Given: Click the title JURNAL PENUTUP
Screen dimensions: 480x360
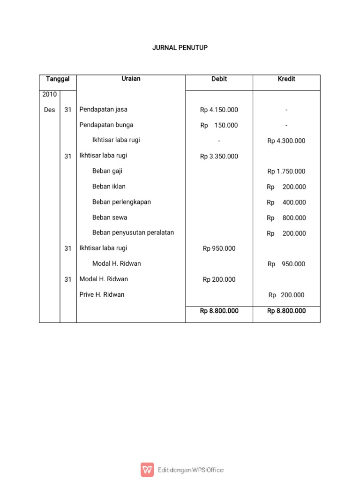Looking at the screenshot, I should [180, 48].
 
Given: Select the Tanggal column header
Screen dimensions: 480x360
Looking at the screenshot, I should [58, 79].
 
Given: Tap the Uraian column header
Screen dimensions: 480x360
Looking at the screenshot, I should [131, 79].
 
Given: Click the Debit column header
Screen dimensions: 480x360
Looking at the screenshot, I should [219, 79].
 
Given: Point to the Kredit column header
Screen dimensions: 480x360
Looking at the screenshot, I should [286, 79].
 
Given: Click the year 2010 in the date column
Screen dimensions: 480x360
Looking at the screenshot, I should [49, 94].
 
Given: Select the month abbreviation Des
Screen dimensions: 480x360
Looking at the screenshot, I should [49, 110].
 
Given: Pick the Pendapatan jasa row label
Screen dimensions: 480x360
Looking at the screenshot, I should [103, 110].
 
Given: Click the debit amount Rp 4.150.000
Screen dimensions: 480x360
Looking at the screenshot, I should [219, 110].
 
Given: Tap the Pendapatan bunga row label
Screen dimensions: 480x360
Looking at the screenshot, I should [106, 125].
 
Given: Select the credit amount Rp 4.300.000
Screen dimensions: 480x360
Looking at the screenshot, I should [286, 141].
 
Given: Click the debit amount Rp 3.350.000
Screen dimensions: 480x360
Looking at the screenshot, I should [219, 157].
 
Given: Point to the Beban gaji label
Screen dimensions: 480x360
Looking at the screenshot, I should [107, 171].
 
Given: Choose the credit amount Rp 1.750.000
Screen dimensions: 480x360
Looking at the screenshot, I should [286, 172].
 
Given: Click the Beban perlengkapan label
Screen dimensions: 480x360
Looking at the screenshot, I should [121, 202].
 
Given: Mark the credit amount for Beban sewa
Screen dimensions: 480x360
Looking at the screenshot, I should [286, 218].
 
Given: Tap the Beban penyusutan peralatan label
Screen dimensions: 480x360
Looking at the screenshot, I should [133, 232].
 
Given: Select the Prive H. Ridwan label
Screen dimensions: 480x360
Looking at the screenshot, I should [102, 295].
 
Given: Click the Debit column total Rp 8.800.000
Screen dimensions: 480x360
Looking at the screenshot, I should [219, 311].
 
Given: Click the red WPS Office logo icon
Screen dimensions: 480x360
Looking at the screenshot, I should [147, 470].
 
